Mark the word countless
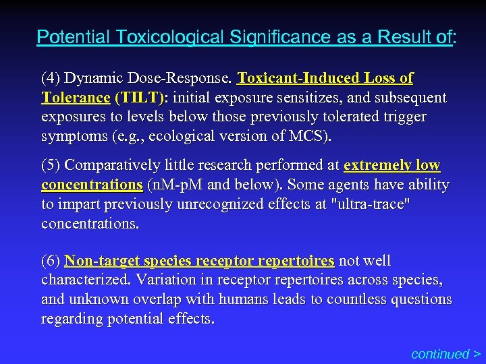tap(357, 299)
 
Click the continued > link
tap(446, 354)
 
